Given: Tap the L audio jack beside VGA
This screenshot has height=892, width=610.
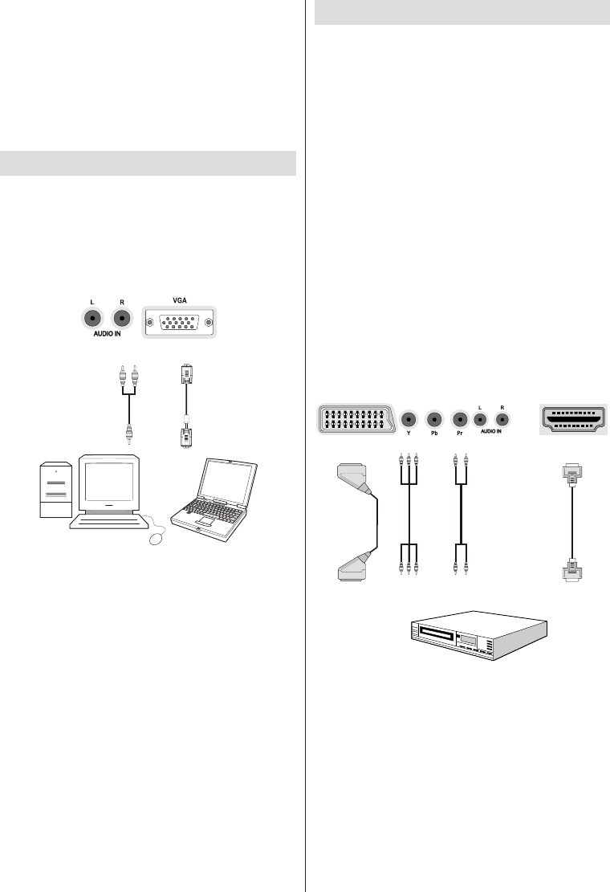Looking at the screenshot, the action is click(94, 318).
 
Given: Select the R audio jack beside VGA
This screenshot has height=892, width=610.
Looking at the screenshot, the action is click(122, 318).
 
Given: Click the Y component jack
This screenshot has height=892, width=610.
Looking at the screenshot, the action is click(409, 418).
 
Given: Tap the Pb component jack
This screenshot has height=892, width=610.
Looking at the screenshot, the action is click(434, 418).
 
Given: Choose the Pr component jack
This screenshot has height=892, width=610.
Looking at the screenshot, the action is click(460, 418).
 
